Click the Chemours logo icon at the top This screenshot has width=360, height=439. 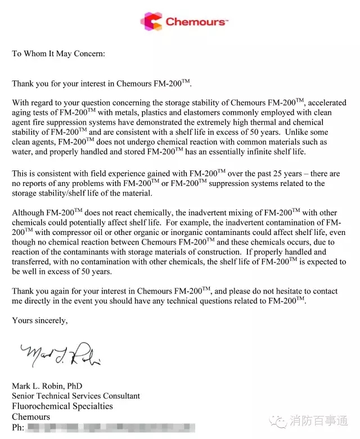(151, 22)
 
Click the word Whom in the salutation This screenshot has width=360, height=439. (35, 54)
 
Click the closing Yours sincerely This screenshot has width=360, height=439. (40, 321)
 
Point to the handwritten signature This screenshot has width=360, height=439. (61, 354)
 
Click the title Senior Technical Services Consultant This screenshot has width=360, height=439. (76, 396)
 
